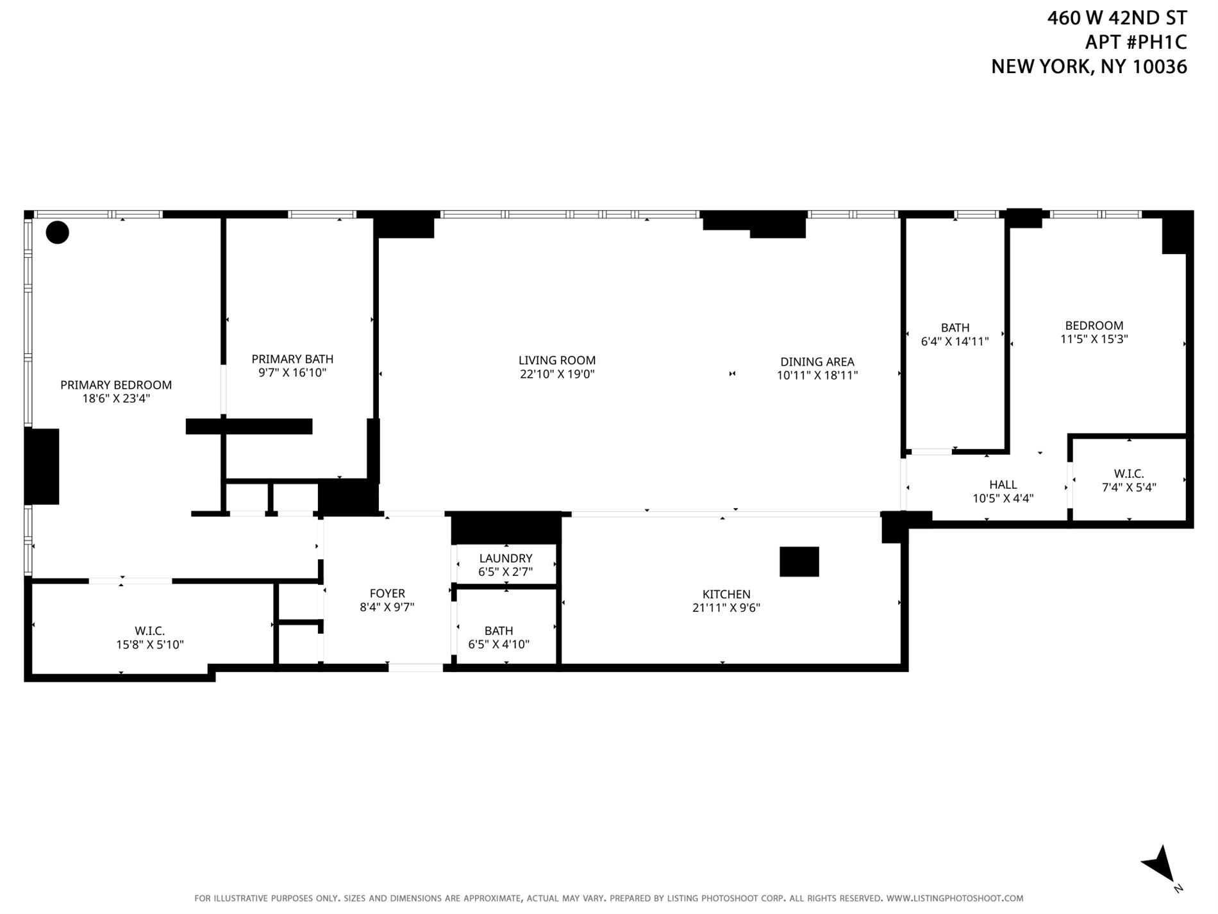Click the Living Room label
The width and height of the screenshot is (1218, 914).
557,360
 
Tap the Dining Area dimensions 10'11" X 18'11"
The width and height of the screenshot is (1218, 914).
817,376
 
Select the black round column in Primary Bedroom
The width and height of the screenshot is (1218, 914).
58,232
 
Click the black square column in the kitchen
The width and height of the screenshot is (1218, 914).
799,562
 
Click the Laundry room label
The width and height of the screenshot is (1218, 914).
506,559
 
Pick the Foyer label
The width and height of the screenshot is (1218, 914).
387,594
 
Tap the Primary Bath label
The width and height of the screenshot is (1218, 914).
292,359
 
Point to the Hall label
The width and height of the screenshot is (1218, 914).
1003,485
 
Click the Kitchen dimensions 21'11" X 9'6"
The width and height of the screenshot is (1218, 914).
726,608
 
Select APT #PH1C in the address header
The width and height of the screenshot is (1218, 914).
1135,42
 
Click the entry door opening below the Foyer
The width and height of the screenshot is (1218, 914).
415,668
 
